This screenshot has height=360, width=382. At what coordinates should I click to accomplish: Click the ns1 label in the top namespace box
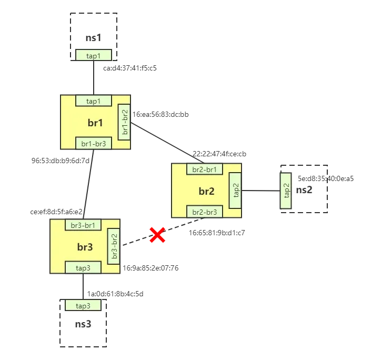point(93,37)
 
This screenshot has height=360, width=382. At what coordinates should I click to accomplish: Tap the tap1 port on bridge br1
point(94,101)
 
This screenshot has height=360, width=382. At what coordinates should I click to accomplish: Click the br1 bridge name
point(95,123)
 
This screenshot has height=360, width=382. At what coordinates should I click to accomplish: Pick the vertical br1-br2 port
point(125,122)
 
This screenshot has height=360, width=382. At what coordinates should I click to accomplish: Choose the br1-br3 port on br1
point(94,143)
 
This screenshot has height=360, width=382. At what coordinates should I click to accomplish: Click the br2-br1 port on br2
point(205,169)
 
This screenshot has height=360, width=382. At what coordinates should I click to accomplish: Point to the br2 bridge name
point(206,191)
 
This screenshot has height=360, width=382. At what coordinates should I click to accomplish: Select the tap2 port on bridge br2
point(236,191)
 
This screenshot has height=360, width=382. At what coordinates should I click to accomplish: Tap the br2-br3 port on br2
point(205,212)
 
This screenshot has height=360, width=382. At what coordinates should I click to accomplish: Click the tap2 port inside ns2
point(286,190)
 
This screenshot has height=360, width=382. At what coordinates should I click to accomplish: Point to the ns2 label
point(304,190)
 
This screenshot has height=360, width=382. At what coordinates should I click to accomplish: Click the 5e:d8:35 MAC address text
point(313,177)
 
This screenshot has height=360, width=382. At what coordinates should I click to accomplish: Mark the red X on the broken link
point(157,235)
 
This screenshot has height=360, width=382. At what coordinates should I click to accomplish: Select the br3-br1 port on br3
point(83,225)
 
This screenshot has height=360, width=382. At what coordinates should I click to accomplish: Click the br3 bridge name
point(84,247)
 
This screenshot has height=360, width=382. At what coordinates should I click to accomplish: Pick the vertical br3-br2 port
point(114,246)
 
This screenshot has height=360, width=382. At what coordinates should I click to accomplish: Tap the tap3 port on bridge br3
point(83,267)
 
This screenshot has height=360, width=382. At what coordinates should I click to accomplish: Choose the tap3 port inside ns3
point(83,306)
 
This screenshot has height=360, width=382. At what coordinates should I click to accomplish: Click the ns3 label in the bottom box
point(83,324)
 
